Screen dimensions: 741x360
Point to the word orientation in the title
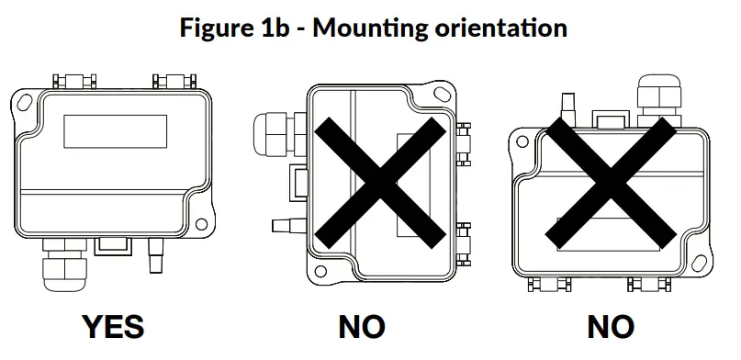pos(496,27)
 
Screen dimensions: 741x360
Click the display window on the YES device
pos(115,131)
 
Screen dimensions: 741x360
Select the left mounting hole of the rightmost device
pos(522,142)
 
